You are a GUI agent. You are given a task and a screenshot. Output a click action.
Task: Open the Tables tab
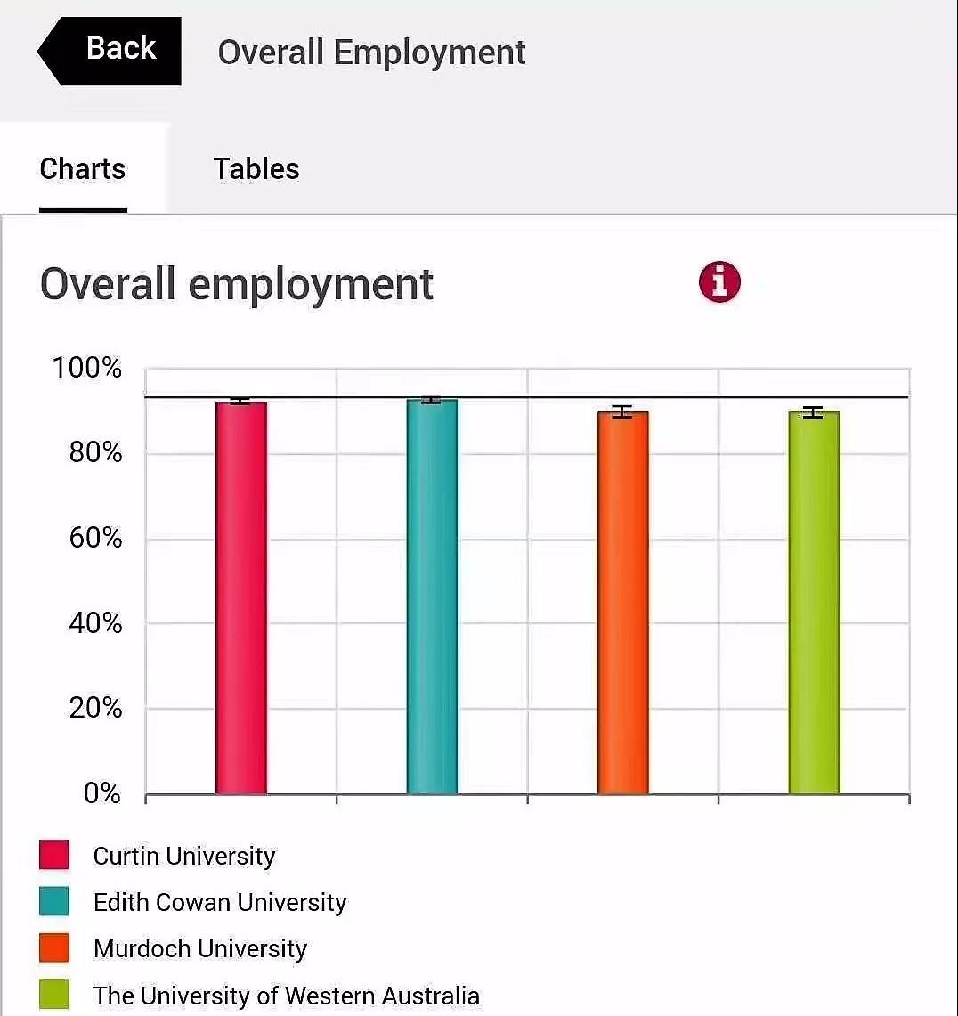coord(256,168)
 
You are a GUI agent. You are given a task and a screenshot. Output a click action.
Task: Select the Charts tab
coord(83,168)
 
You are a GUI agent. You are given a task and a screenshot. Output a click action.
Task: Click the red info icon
coord(719,282)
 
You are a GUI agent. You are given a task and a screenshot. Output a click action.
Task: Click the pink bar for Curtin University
coord(240,597)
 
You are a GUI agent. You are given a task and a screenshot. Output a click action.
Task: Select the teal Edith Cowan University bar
coord(432,597)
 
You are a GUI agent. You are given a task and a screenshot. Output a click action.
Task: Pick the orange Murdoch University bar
coord(622,601)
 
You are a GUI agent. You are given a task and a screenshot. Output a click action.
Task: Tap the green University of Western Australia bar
coord(814,601)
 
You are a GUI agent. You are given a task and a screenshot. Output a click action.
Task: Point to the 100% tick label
coord(87,368)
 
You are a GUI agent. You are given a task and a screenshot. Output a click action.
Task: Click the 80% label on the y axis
coord(95,452)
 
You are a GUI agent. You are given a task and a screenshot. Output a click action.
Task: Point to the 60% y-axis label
coord(95,538)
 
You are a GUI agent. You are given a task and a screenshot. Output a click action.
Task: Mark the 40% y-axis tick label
coord(95,623)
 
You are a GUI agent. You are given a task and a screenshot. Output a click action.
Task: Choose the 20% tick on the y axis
coord(95,708)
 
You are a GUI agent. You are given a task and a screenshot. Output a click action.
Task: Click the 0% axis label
coord(102,792)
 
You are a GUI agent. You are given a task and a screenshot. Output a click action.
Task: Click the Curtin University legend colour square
coord(54,856)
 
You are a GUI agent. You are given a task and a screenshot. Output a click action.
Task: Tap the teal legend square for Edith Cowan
coord(54,902)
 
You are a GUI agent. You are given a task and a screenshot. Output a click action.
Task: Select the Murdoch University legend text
coord(200,948)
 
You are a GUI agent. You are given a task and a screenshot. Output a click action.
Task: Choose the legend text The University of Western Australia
coord(287,995)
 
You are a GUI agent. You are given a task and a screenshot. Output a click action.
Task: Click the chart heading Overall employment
coord(237,284)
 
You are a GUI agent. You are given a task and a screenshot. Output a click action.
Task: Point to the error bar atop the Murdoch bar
coord(622,411)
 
